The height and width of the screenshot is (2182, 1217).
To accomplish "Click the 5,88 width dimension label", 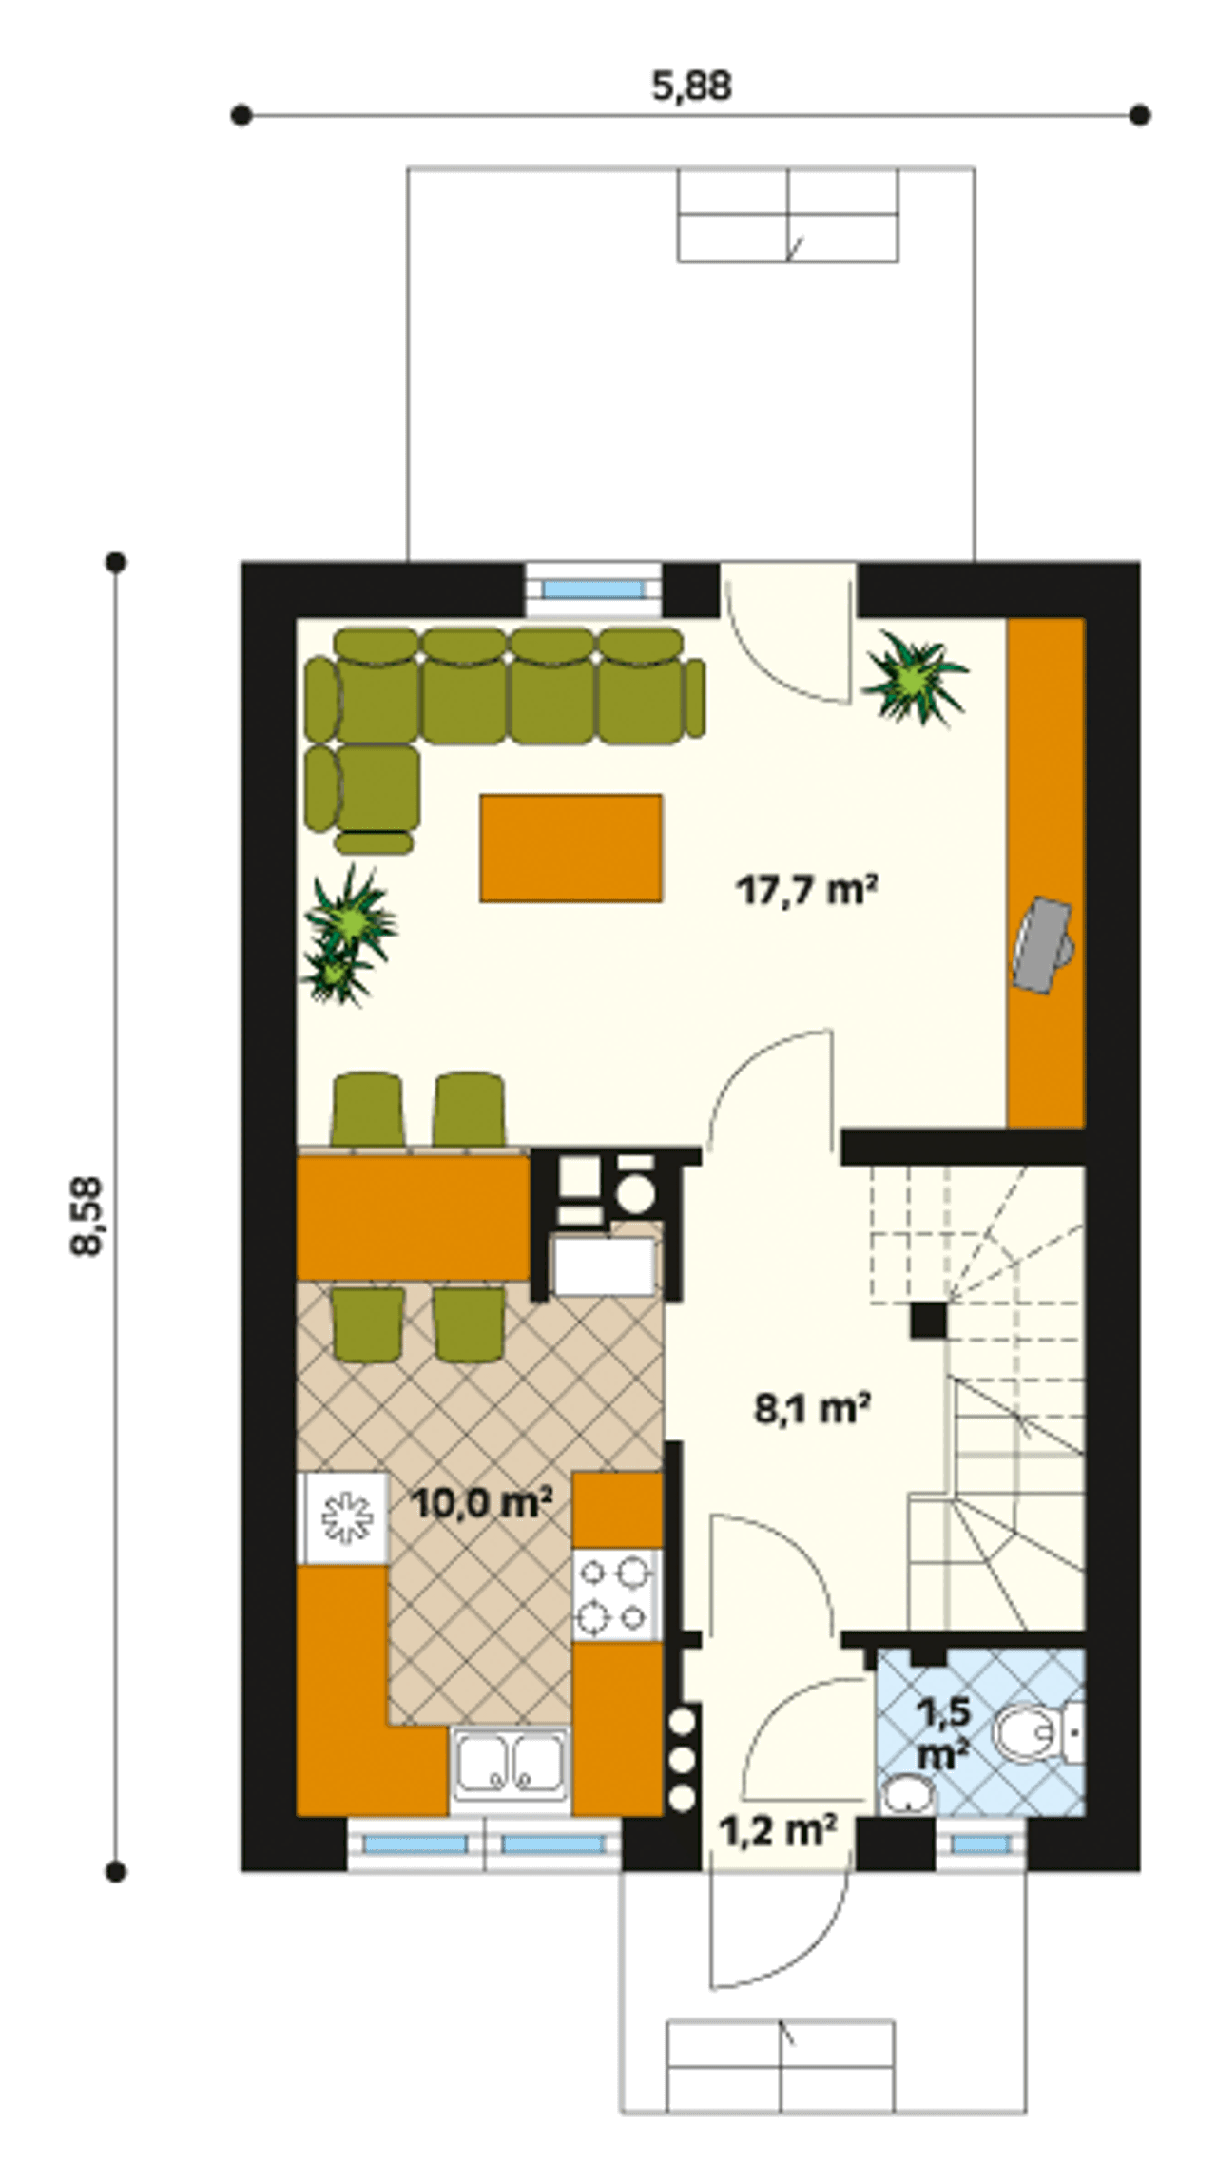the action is (x=691, y=87).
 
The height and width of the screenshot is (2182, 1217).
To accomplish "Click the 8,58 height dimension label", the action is (x=88, y=1218).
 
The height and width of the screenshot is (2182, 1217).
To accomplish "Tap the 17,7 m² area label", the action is (x=806, y=891).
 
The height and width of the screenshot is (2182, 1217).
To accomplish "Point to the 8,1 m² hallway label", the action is (x=813, y=1408).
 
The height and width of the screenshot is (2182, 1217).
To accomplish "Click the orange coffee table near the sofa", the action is (x=571, y=848).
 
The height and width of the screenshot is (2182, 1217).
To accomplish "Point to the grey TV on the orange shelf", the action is (x=1043, y=944).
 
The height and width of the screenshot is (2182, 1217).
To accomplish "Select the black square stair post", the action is (x=929, y=1321).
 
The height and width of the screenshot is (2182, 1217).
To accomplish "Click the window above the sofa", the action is (x=593, y=589).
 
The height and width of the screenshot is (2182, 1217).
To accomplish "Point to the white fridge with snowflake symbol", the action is (x=343, y=1518).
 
